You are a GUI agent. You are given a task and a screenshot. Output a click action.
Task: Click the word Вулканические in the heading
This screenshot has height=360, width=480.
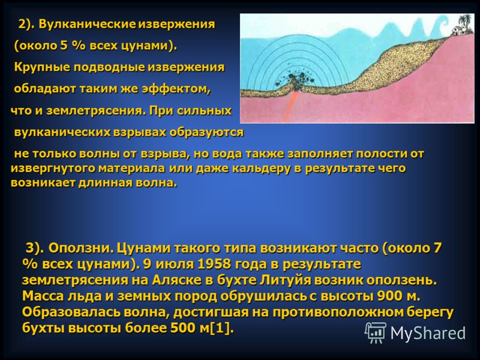click(x=86, y=24)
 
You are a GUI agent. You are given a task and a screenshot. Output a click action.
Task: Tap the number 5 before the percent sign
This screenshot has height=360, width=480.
click(x=63, y=46)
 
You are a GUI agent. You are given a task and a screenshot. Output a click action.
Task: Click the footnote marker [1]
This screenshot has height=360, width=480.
click(x=220, y=328)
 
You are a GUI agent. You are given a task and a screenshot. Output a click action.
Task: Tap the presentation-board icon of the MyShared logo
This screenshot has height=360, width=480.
click(x=376, y=333)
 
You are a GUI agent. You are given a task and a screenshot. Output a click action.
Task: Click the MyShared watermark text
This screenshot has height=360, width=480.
click(x=428, y=333)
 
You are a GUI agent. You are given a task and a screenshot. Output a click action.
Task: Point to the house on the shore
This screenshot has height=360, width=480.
click(x=458, y=30)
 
